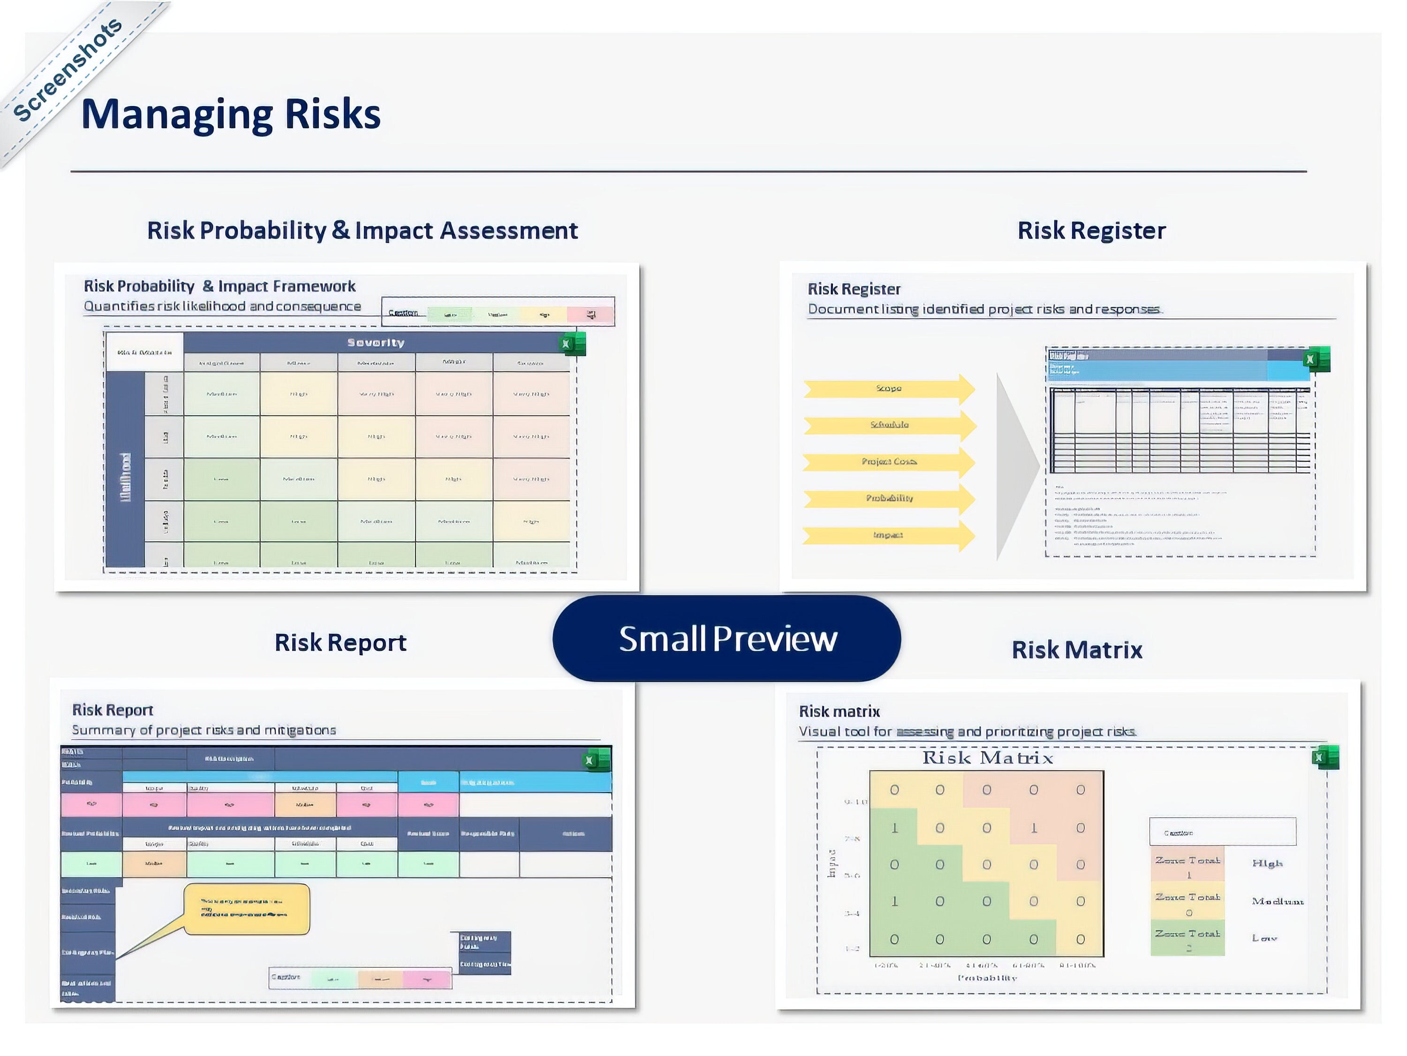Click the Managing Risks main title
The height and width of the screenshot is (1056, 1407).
coord(231,115)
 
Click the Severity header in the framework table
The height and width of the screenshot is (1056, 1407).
coord(375,343)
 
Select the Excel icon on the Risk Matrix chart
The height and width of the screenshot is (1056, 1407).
coord(1325,758)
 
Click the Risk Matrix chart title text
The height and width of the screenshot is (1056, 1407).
coord(988,758)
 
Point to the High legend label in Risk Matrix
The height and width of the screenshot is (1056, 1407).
coord(1267,864)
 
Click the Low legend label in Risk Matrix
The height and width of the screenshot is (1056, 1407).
coord(1264,938)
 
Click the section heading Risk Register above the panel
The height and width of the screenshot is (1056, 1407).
coord(1091,230)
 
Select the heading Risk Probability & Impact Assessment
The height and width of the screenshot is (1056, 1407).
coord(363,230)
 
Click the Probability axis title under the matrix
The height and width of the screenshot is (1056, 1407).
coord(987,978)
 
